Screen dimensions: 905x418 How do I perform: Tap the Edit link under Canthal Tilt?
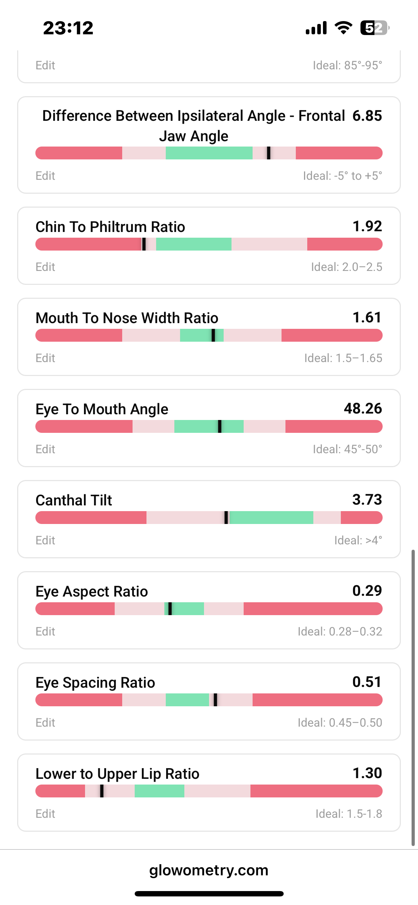(x=45, y=540)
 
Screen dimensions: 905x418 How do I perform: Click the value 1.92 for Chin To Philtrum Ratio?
(x=367, y=226)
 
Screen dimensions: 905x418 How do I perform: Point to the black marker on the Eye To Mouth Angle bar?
(x=219, y=426)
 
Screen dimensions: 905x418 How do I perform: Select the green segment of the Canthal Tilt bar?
(x=272, y=518)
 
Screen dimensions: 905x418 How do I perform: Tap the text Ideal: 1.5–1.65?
(x=343, y=358)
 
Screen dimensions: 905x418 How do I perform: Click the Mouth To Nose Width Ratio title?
(x=127, y=318)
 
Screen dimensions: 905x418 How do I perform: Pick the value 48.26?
(x=363, y=409)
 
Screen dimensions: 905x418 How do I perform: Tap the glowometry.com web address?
(x=209, y=870)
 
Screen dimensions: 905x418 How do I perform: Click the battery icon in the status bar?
(x=374, y=28)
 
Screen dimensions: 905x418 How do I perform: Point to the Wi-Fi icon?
(x=343, y=28)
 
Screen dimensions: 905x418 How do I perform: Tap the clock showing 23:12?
(x=68, y=28)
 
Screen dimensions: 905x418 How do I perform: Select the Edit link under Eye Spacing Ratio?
(x=45, y=722)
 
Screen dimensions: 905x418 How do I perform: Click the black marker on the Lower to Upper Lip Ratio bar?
(x=102, y=791)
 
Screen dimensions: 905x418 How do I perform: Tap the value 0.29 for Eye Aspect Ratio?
(x=367, y=591)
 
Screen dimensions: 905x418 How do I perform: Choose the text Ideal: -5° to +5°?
(x=342, y=175)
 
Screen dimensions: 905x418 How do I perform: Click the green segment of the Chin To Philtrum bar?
(x=194, y=244)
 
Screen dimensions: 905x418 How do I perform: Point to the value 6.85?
(x=367, y=116)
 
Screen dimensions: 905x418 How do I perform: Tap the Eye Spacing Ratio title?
(x=95, y=682)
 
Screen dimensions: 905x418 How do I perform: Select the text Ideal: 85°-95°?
(x=347, y=65)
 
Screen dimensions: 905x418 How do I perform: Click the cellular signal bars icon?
(x=316, y=28)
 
